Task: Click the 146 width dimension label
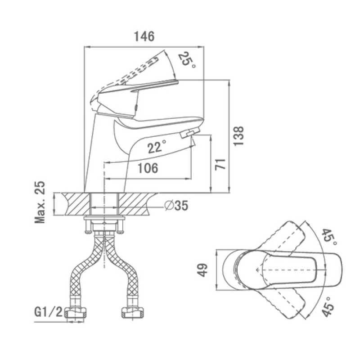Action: click(x=144, y=36)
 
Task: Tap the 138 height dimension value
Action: click(x=238, y=136)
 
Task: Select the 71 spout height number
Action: click(x=220, y=164)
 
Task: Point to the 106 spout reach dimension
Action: click(x=148, y=168)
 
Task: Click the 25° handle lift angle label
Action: click(x=187, y=60)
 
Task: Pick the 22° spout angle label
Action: click(x=156, y=147)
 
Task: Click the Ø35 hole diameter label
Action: click(x=176, y=205)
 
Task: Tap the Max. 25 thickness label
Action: click(x=40, y=202)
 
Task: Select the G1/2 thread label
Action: click(x=49, y=312)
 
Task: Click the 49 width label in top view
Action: click(x=202, y=270)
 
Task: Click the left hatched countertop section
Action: click(x=75, y=204)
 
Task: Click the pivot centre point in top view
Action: click(x=257, y=270)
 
